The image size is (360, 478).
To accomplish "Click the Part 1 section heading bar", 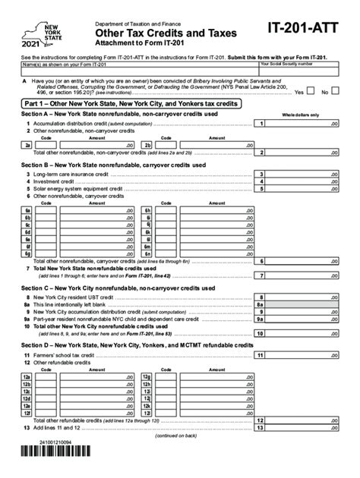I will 180,104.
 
